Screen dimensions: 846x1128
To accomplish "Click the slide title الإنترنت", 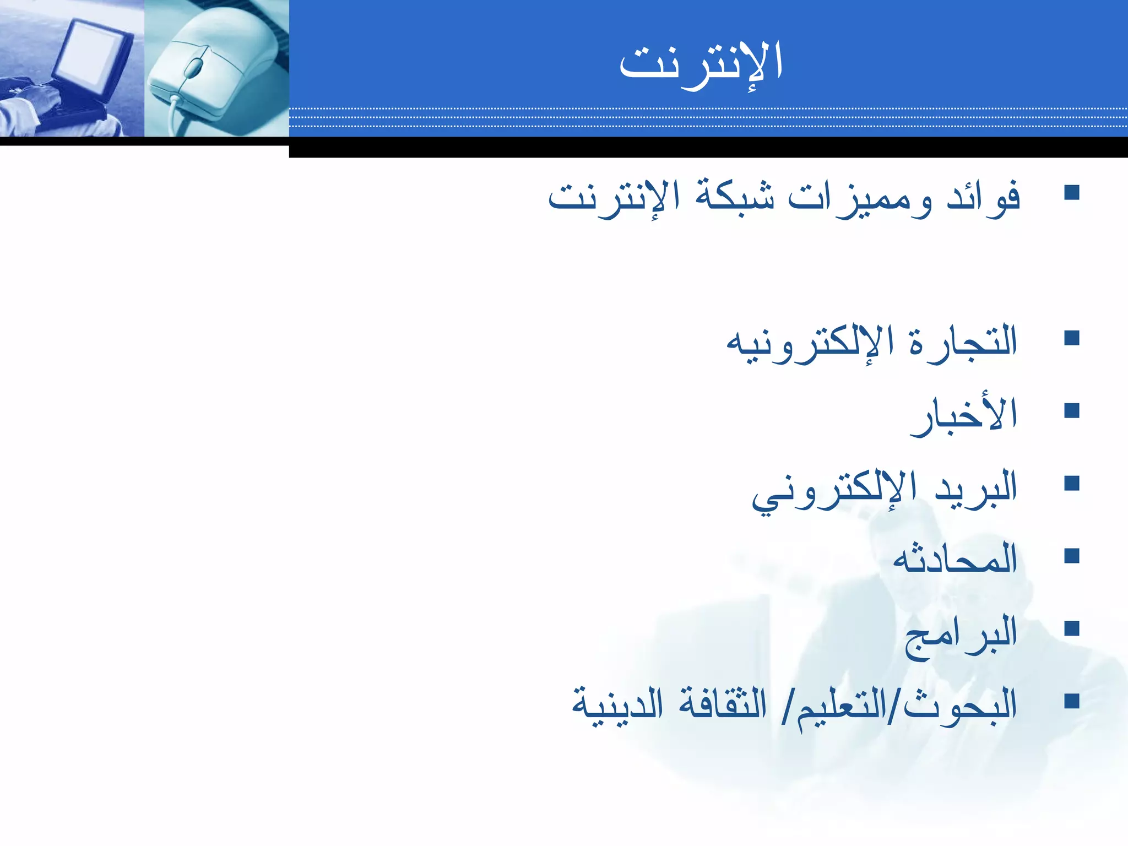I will click(x=701, y=63).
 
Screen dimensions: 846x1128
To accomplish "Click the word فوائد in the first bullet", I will click(x=984, y=197).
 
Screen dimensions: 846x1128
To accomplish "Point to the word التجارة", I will click(x=963, y=341).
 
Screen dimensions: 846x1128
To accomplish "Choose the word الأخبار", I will click(x=963, y=416).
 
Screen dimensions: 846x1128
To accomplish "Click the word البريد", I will click(x=975, y=487).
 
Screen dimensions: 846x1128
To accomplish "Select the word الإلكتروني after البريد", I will click(x=834, y=490).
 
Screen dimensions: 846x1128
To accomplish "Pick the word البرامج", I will click(x=961, y=633).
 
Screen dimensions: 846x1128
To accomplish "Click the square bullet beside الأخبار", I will click(x=1072, y=411).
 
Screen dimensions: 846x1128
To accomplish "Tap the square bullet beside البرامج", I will click(x=1072, y=628).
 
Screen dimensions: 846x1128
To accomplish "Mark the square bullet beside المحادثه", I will click(x=1072, y=556).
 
